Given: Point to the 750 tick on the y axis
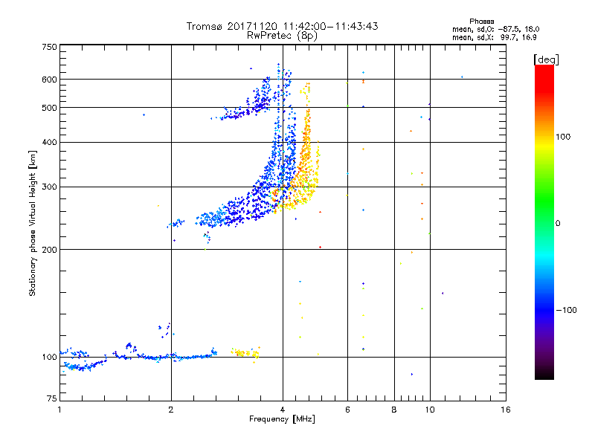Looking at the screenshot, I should [49, 46].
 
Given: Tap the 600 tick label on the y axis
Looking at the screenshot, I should [49, 79].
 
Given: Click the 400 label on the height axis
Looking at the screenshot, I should [49, 142].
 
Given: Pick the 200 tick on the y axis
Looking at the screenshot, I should [49, 249].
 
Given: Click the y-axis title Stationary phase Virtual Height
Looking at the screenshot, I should [33, 223].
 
